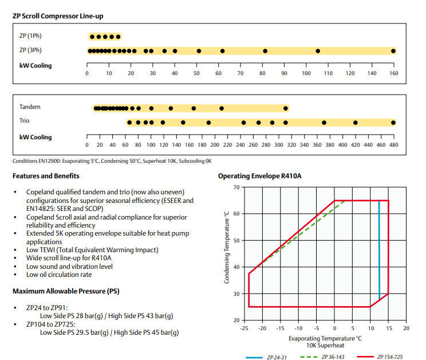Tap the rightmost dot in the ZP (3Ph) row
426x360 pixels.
[x=393, y=51]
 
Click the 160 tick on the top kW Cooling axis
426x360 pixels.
[x=393, y=73]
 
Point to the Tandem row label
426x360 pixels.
[x=30, y=107]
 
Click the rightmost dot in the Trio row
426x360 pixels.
[x=393, y=123]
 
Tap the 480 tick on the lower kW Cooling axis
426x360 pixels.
[x=393, y=145]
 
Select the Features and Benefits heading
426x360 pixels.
[x=46, y=176]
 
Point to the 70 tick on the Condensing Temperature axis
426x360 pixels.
[x=236, y=187]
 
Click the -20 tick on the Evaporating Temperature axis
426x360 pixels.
[x=262, y=328]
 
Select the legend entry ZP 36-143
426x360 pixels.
[x=332, y=357]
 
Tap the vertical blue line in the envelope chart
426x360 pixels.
[x=379, y=246]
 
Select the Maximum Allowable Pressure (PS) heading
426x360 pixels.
[x=66, y=291]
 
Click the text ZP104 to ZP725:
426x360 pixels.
[x=49, y=324]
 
